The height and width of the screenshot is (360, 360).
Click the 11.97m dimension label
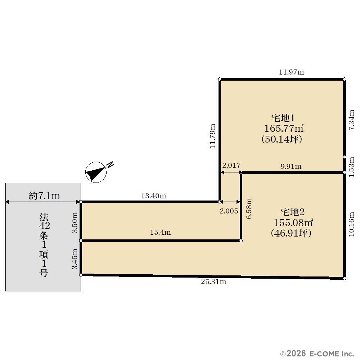coord(291,72)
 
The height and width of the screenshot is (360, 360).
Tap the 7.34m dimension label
coord(352,120)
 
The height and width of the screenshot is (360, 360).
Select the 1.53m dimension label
coord(352,167)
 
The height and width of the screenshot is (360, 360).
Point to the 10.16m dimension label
coord(352,224)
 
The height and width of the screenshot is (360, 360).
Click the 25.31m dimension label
coord(213,282)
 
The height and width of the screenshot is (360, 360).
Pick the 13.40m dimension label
coord(153,196)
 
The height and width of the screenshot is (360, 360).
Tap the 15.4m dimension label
coord(160,232)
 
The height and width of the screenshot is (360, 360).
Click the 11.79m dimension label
coord(213,136)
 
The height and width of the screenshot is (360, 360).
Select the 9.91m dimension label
coord(291,166)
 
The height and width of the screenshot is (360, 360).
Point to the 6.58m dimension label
coord(249,208)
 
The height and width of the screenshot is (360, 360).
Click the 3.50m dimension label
coord(75,222)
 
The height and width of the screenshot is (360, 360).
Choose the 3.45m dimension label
coord(75,259)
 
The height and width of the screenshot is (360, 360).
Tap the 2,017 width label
coord(231,165)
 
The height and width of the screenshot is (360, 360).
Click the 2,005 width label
coord(229,211)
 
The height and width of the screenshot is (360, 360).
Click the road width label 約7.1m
coord(44,196)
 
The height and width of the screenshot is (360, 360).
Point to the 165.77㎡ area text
coord(284,129)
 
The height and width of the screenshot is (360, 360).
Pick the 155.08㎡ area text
coord(293,222)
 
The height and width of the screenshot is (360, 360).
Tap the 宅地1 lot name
coord(283,118)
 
